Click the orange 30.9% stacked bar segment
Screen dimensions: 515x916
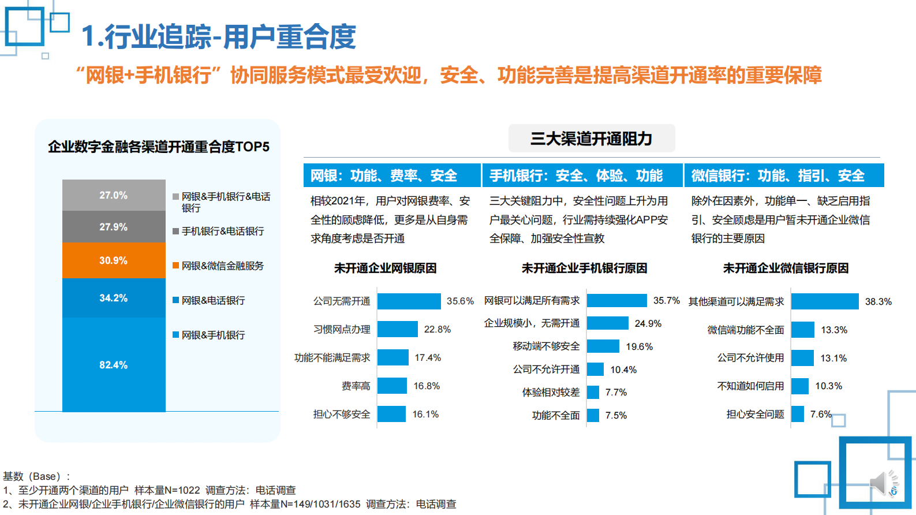coord(114,260)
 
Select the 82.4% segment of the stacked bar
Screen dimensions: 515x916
coord(114,364)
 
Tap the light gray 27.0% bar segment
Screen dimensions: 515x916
coord(114,195)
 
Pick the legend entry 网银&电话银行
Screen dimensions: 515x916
coord(213,300)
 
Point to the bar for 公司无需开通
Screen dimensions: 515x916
coord(409,301)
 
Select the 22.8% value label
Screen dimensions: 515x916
coord(437,329)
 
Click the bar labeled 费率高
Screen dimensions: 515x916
coord(392,386)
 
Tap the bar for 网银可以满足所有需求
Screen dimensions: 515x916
coord(616,300)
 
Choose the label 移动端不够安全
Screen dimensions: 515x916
coord(546,346)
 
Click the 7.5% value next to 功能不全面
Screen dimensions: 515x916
coord(616,415)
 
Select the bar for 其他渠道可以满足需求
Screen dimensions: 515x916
coord(825,301)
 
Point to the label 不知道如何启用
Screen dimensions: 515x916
coord(750,386)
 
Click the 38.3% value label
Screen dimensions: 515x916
coord(878,301)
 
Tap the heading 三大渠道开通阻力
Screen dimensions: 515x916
coord(591,139)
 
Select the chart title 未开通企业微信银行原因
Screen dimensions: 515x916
coord(786,268)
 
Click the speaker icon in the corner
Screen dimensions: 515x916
coord(883,483)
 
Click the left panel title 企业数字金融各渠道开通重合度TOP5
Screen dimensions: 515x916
coord(158,147)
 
